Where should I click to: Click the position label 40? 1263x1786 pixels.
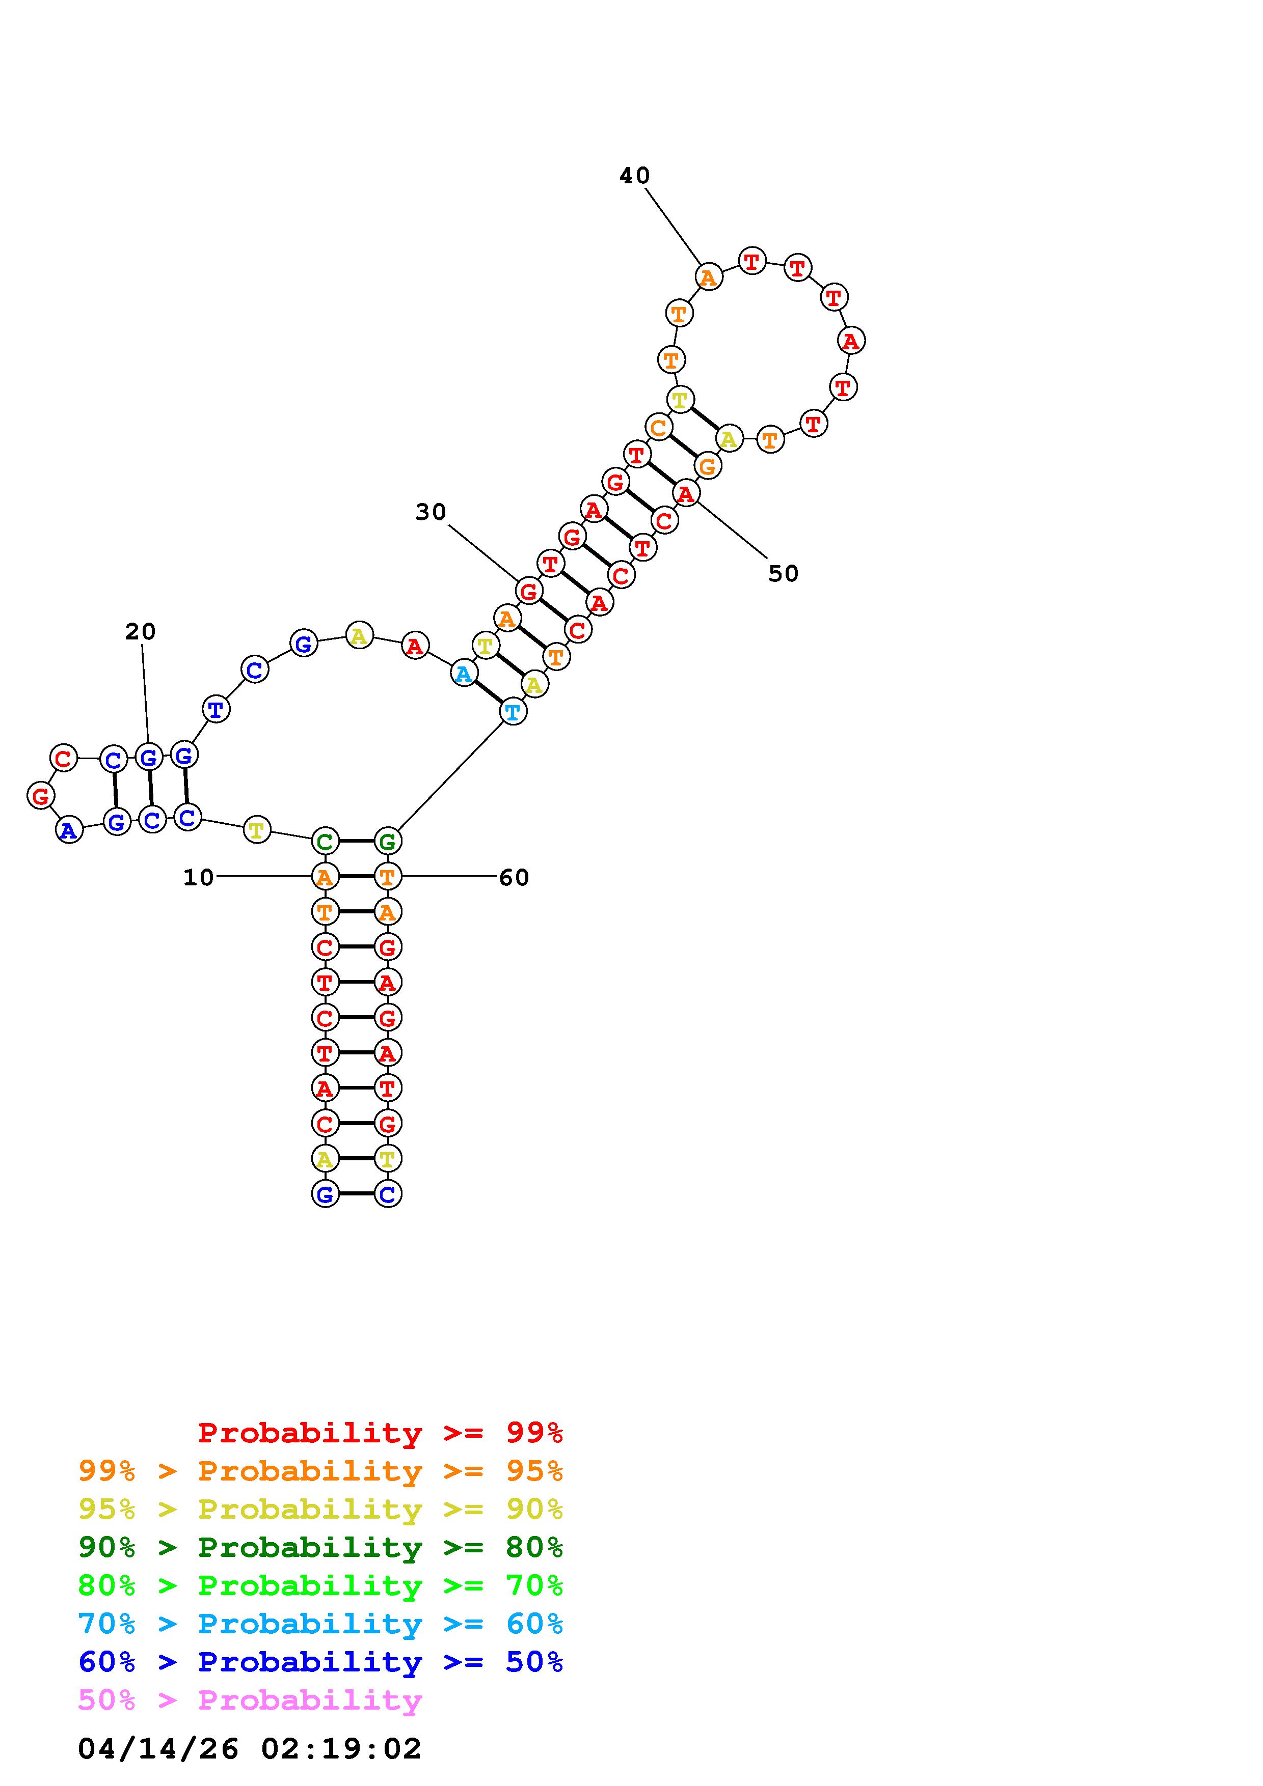[x=634, y=176]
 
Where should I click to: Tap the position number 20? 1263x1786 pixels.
[x=140, y=632]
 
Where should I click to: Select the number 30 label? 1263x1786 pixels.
[x=431, y=512]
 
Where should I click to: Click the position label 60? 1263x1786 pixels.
[x=514, y=877]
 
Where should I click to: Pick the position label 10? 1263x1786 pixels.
[x=198, y=877]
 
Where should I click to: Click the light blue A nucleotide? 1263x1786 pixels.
[x=464, y=674]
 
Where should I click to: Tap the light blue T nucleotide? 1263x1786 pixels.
[x=512, y=711]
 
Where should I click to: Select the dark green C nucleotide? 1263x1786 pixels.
[x=325, y=841]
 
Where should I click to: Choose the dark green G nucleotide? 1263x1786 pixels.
[x=388, y=841]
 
